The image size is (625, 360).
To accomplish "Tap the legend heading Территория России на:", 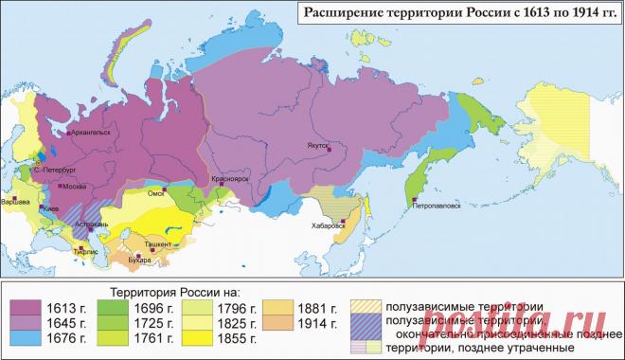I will coord(175,291).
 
